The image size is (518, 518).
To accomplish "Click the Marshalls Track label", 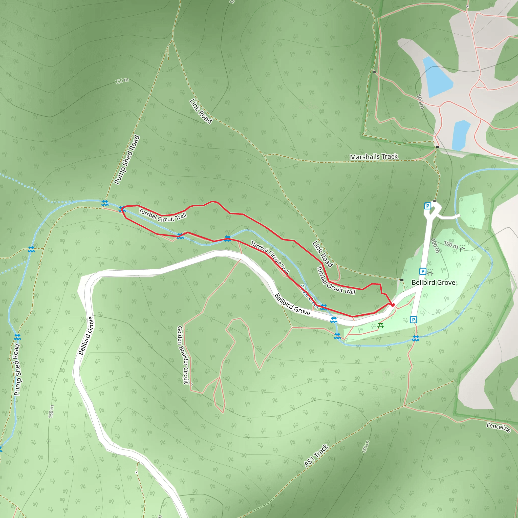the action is (x=374, y=157).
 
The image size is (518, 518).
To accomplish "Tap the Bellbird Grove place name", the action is (x=433, y=283).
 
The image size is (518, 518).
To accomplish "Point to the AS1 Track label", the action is (x=316, y=456).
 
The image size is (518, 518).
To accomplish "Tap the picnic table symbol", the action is (x=380, y=326).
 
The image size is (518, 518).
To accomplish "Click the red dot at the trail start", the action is (x=393, y=305).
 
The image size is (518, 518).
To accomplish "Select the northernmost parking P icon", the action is (x=427, y=206).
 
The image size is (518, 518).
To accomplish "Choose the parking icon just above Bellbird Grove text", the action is (x=423, y=271).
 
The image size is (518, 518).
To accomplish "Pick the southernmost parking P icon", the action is (x=414, y=320).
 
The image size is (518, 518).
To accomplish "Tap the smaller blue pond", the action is (x=461, y=135).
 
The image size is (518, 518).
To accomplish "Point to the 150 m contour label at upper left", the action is (x=122, y=81).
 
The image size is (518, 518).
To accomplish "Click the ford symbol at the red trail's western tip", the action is (x=122, y=209).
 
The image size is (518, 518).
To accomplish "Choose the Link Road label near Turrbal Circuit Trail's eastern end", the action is (x=323, y=254).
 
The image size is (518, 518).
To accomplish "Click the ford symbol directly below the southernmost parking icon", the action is (x=416, y=338).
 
